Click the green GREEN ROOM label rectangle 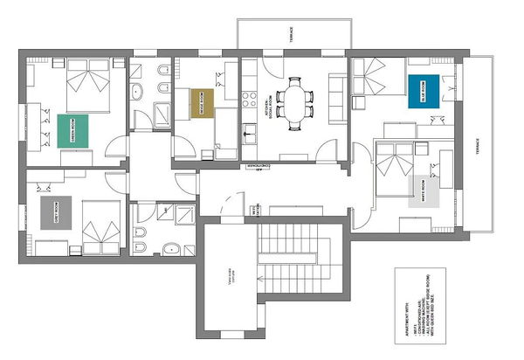(x=75, y=129)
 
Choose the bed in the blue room (x=379, y=78)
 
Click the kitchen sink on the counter (x=249, y=133)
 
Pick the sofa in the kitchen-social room (x=336, y=96)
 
